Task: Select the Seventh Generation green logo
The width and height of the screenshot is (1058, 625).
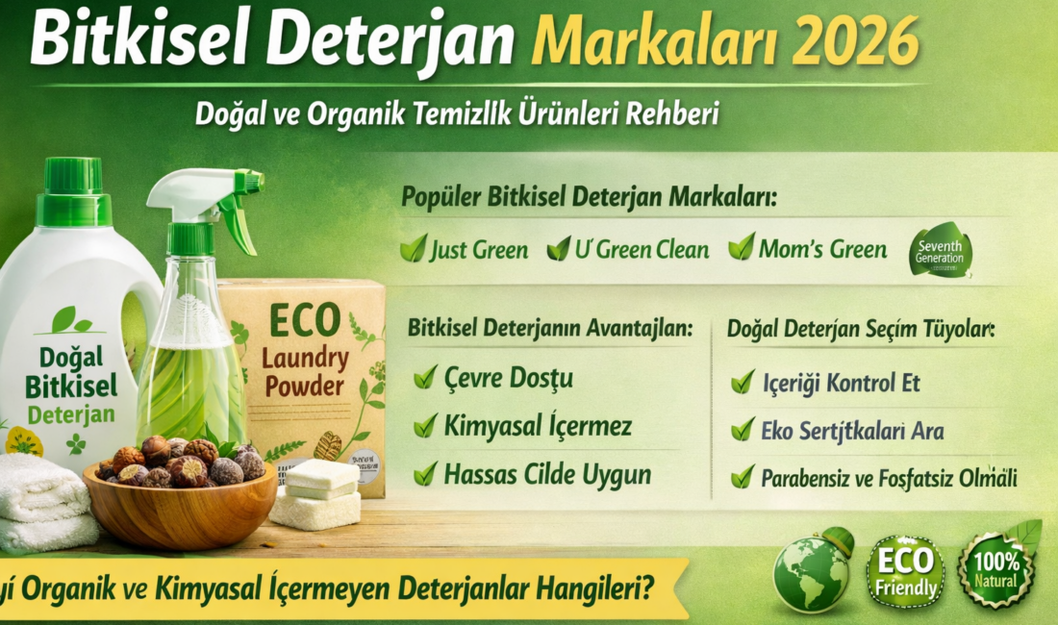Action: [941, 250]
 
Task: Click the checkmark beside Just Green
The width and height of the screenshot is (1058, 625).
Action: [414, 249]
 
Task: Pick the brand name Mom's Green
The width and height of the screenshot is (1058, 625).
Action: [822, 250]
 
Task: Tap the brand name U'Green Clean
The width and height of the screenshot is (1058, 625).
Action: [642, 250]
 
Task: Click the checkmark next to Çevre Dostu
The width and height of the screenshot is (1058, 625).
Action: [425, 378]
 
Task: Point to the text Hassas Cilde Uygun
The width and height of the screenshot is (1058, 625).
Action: [547, 473]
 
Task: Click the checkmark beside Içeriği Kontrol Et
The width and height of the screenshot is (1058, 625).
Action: [743, 383]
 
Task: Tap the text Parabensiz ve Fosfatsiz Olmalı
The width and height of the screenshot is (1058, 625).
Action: [890, 477]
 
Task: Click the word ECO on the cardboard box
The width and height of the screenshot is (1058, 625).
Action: [305, 320]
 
